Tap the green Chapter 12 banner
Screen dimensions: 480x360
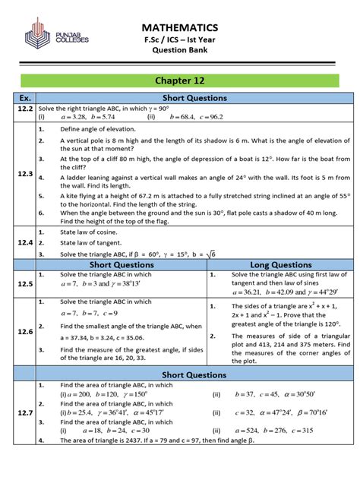coord(179,80)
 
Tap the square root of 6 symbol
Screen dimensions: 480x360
coord(212,254)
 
